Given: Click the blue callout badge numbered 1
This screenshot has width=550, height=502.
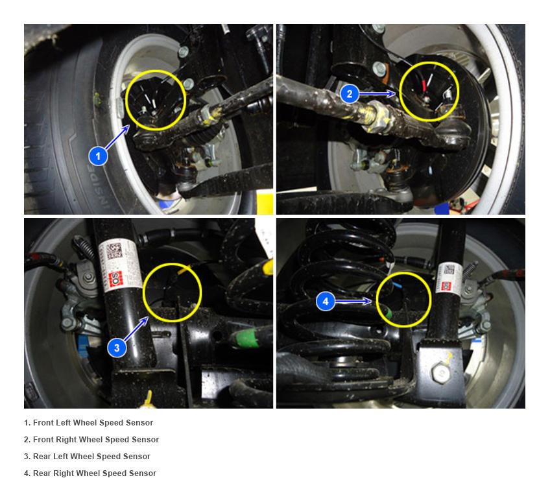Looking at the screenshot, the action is point(98,156).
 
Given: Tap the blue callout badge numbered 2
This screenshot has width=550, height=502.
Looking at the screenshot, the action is point(350,93).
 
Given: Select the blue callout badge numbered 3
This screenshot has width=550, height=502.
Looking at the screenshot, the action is point(117,348).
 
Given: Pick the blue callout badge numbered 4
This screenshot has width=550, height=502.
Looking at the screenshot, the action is point(326,302).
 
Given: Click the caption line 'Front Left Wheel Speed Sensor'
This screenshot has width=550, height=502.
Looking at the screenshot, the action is point(88,423).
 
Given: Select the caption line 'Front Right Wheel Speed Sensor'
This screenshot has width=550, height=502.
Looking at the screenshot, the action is point(91,440).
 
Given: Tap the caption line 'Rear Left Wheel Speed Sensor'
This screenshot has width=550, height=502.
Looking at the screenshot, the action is point(87,457).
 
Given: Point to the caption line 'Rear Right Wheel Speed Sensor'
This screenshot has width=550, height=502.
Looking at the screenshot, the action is point(90,473).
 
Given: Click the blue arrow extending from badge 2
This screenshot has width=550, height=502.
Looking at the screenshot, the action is point(377,93).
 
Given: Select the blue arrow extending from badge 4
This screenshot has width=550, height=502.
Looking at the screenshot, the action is point(353,302).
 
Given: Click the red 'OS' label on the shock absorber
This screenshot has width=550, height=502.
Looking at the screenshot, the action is point(114,280).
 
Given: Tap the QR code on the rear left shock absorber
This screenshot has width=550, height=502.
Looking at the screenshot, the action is point(114,251).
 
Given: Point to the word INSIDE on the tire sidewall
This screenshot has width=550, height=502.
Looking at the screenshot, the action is point(99,187).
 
